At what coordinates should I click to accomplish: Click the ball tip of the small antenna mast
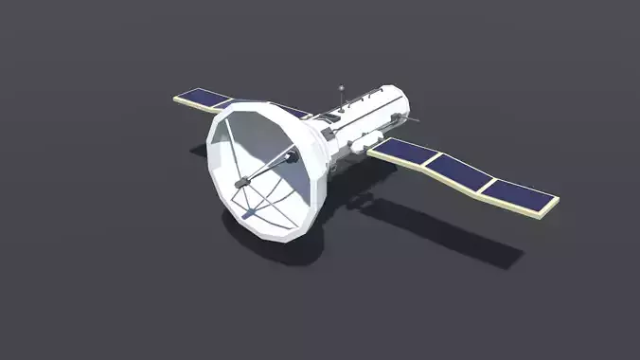pyautogui.click(x=341, y=87)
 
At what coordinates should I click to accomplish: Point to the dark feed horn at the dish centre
pyautogui.click(x=243, y=180)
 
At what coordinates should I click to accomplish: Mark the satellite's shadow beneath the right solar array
pyautogui.click(x=445, y=232)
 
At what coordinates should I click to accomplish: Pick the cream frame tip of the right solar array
pyautogui.click(x=555, y=202)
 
